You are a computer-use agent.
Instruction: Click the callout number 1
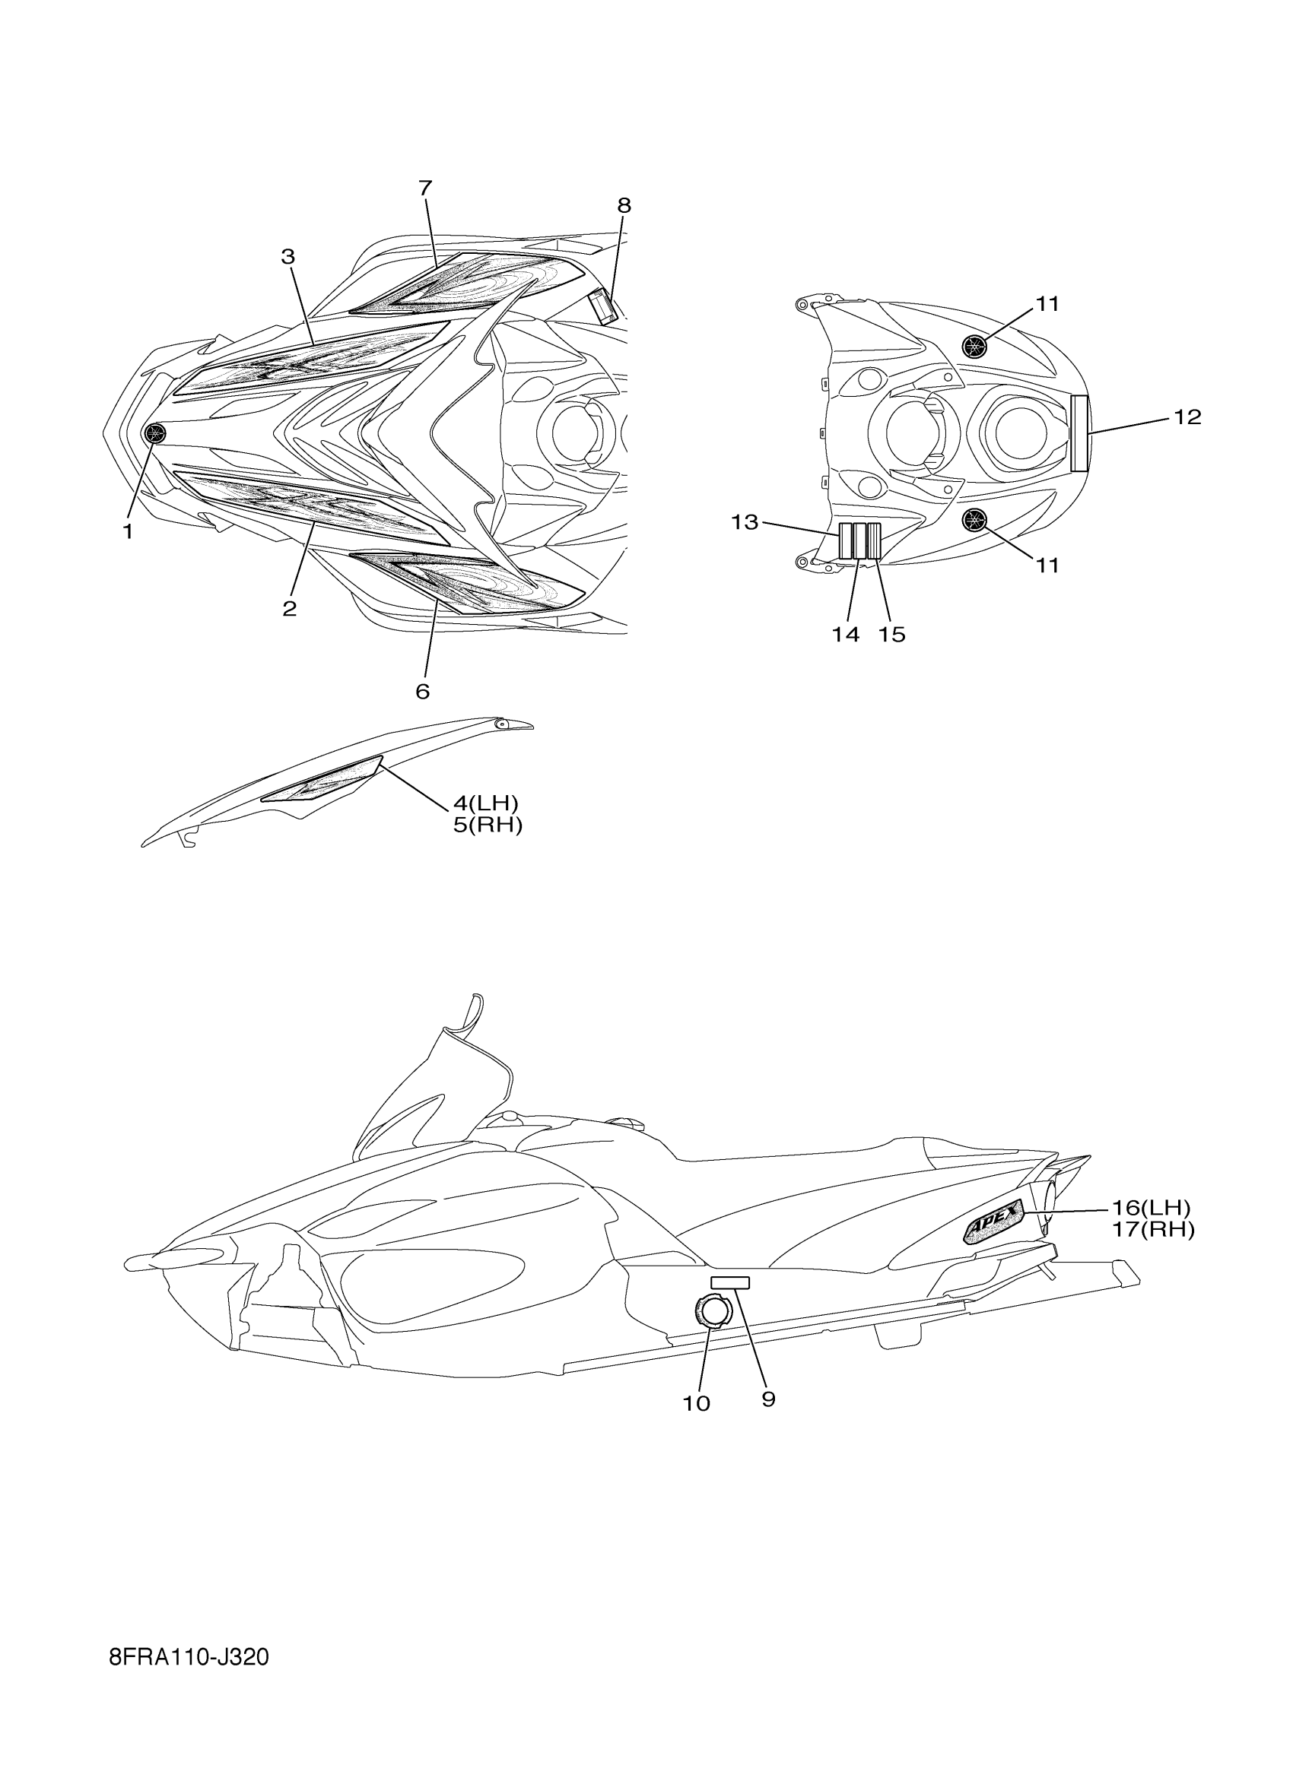(x=128, y=532)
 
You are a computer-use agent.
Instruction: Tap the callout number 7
(x=425, y=188)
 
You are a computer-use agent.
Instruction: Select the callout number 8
(x=624, y=205)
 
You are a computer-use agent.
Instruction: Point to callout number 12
(x=1187, y=417)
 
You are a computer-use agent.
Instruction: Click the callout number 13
(x=745, y=521)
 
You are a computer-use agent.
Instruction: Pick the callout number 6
(x=423, y=692)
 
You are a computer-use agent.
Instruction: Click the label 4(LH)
(x=485, y=803)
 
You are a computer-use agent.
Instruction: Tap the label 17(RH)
(x=1153, y=1229)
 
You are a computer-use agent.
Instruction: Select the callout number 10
(x=697, y=1403)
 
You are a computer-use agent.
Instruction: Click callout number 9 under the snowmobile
(x=769, y=1399)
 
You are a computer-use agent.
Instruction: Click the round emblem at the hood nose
(x=156, y=433)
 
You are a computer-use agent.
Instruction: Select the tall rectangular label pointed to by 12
(x=1080, y=433)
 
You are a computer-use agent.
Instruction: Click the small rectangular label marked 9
(x=729, y=1283)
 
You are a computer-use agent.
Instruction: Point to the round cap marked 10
(x=713, y=1310)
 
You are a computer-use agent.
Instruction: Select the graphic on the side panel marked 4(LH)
(x=322, y=784)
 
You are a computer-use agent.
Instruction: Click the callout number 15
(x=891, y=635)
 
